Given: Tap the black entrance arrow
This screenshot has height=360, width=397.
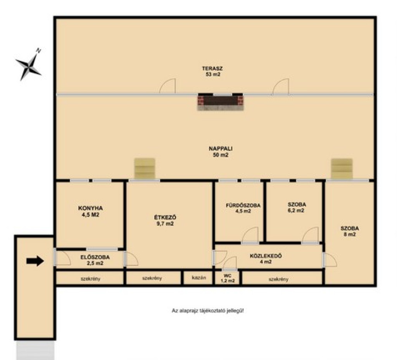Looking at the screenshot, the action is tap(35, 261).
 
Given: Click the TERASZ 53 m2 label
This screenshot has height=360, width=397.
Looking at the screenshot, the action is tap(212, 71).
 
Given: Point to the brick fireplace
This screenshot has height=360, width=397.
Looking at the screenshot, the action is tap(220, 102).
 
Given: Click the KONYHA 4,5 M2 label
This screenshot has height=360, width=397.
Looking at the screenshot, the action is tap(90, 212).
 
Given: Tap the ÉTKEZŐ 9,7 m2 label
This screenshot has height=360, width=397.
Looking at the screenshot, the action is tap(165, 220).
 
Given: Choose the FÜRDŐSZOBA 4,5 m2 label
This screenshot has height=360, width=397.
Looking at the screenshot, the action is tap(243, 208).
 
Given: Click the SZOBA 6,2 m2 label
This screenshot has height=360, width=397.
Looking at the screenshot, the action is tap(297, 207).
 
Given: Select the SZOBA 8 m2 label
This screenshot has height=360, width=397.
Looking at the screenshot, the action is tap(350, 231).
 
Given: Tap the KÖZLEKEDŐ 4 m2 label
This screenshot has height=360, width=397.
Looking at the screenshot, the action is tap(266, 259).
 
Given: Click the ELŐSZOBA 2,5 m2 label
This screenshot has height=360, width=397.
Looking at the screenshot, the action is tap(95, 260).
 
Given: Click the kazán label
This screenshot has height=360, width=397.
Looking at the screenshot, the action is tap(199, 278).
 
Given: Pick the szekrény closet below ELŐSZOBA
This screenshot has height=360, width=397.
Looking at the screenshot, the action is tap(90, 278).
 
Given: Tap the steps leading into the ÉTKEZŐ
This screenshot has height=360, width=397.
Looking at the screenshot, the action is tap(145, 169).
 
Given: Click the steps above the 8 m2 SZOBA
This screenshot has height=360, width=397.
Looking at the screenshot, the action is tap(342, 169).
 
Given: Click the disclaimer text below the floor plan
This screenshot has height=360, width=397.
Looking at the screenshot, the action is tap(208, 310).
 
